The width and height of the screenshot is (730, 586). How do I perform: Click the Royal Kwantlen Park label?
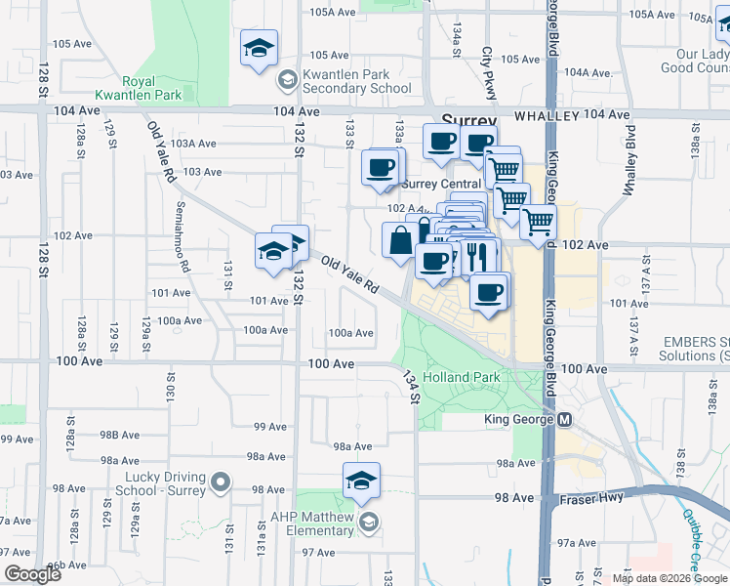pyautogui.click(x=152, y=88)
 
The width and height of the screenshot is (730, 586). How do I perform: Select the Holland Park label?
pyautogui.click(x=473, y=377)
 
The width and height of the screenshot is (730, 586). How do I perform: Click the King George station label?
pyautogui.click(x=519, y=420)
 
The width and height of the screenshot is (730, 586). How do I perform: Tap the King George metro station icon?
pyautogui.click(x=565, y=420)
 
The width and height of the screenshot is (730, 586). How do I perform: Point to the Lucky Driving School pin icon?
pyautogui.click(x=222, y=481)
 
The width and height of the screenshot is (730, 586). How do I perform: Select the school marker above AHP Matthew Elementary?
pyautogui.click(x=361, y=481)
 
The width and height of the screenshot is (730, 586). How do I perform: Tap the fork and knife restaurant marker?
pyautogui.click(x=476, y=257)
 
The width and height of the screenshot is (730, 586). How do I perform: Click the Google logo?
pyautogui.click(x=31, y=574)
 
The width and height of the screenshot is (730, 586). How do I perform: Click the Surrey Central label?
pyautogui.click(x=441, y=184)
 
